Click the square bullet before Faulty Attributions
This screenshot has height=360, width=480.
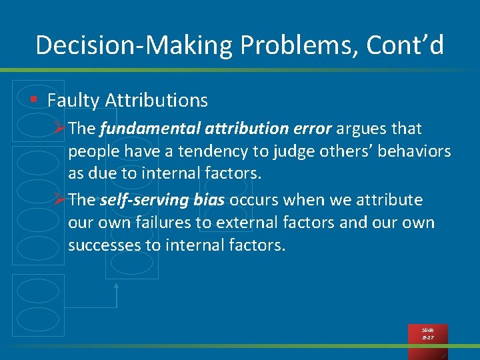coord(33,100)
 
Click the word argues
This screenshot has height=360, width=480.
coord(361,128)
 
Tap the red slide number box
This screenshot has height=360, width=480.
coord(427,334)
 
